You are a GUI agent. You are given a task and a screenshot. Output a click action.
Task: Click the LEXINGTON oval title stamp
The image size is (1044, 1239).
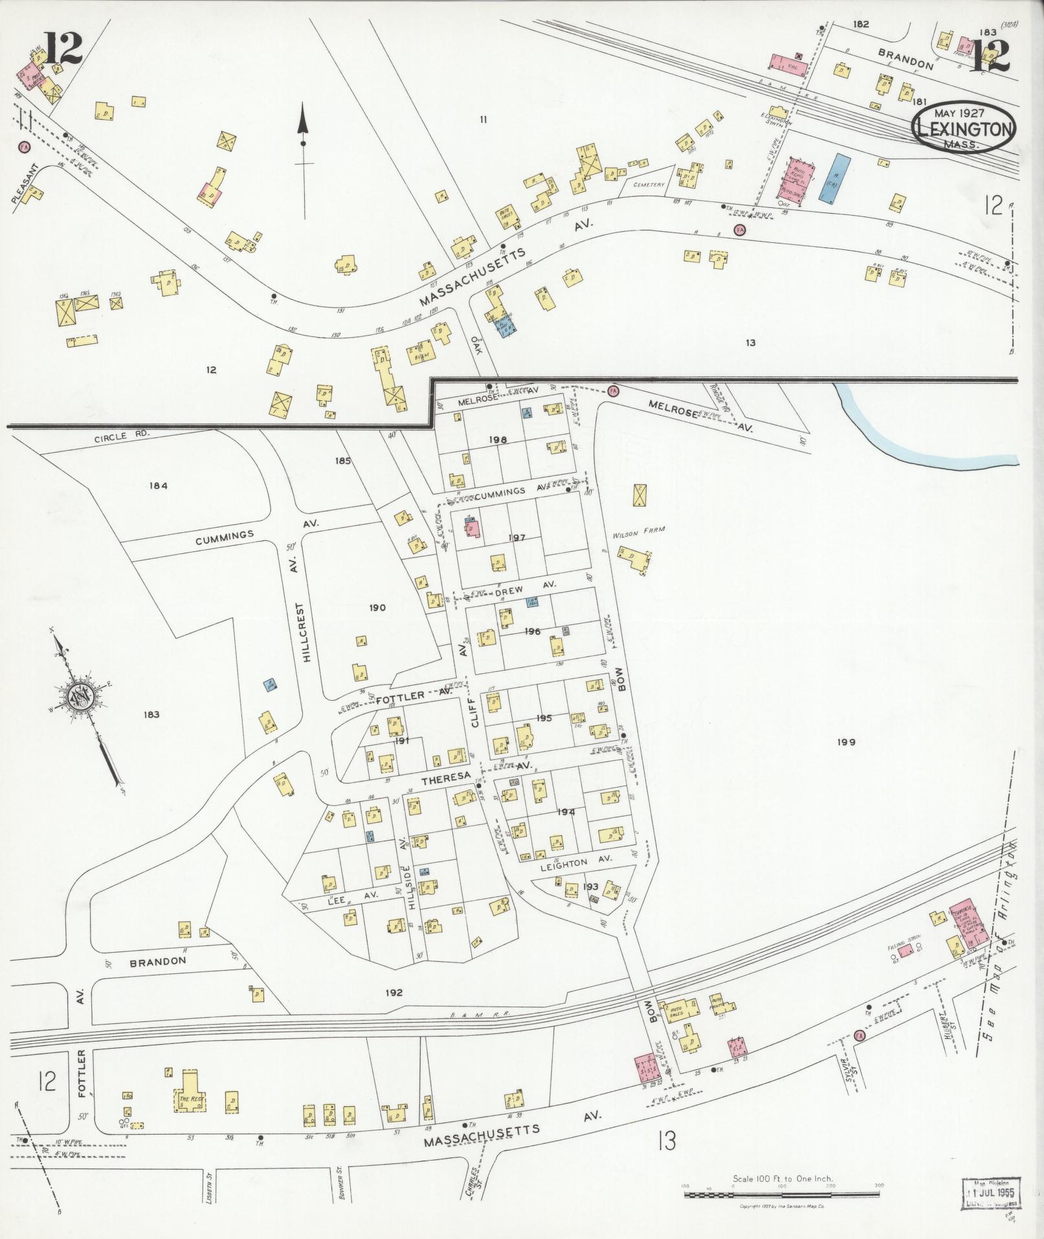pos(964,129)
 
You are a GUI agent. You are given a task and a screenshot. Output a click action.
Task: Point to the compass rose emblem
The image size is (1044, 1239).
pos(80,698)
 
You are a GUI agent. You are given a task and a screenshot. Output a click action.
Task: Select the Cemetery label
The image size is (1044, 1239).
pos(649,185)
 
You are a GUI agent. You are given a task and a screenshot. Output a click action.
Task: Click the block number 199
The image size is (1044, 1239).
pos(846,742)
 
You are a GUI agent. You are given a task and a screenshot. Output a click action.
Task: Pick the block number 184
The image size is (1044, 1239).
pos(158,486)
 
